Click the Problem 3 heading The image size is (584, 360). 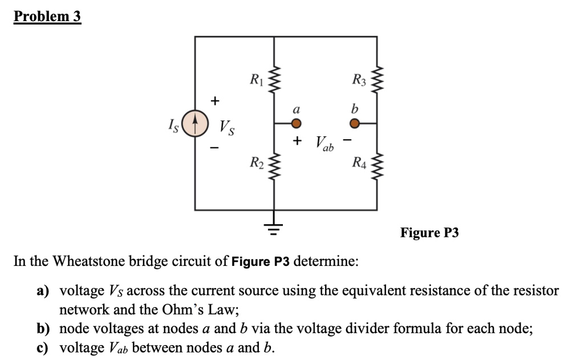(x=47, y=17)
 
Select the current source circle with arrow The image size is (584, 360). (x=195, y=124)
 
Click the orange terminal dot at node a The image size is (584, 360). (x=295, y=123)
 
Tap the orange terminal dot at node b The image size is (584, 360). (x=355, y=123)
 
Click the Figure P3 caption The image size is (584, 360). (x=429, y=233)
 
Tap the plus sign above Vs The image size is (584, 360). (x=214, y=101)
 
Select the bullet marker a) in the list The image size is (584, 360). (x=43, y=291)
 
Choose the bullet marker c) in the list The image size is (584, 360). (x=43, y=347)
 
